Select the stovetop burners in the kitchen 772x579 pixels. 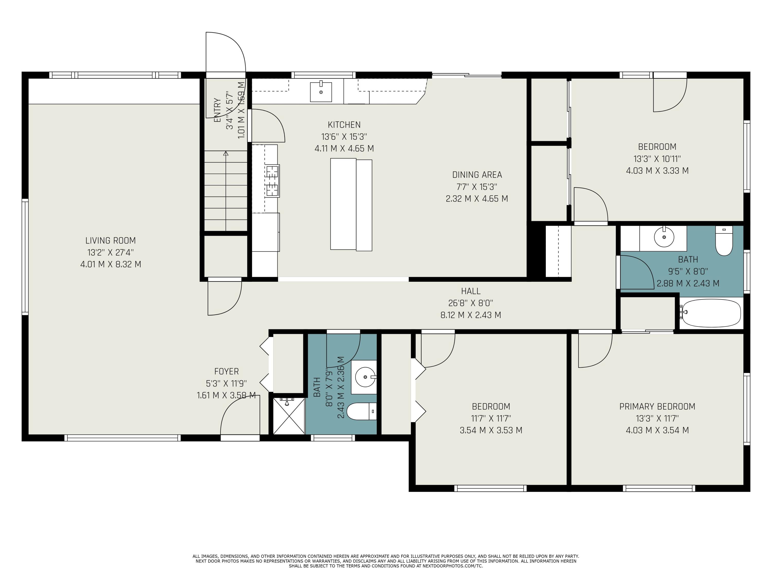click(273, 181)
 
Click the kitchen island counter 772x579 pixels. click(351, 205)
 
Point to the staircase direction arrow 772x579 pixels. click(226, 191)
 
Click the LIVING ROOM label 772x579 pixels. click(111, 240)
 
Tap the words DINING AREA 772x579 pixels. click(477, 175)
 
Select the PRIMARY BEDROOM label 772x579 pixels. click(657, 407)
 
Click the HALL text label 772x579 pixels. click(471, 291)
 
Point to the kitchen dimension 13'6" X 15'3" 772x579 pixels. click(344, 136)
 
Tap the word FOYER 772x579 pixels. click(226, 371)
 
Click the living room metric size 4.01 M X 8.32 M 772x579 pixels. click(111, 264)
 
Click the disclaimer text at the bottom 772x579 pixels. click(386, 561)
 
